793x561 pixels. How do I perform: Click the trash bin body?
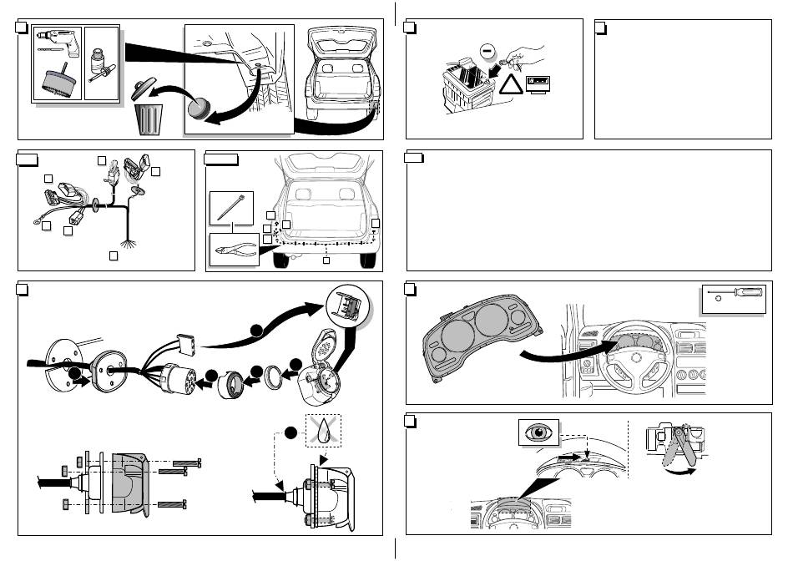click(x=151, y=119)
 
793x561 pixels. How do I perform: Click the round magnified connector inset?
click(x=346, y=306)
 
